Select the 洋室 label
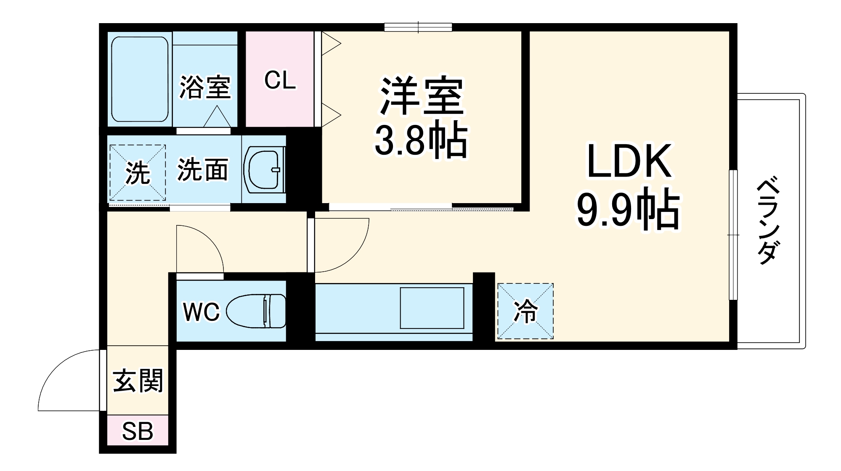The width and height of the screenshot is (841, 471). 422,96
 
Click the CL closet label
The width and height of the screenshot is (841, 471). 280,79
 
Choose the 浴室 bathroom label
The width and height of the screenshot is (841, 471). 205,87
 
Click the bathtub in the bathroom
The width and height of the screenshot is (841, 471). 140,79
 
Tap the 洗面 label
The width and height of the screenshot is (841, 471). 202,170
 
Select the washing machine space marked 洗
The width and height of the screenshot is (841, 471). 138,172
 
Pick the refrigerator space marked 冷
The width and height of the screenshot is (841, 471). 525,311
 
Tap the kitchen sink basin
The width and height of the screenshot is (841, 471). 432,308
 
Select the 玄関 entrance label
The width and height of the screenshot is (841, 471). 138,381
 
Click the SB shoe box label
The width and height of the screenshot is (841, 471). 138,431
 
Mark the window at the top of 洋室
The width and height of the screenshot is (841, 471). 418,27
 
